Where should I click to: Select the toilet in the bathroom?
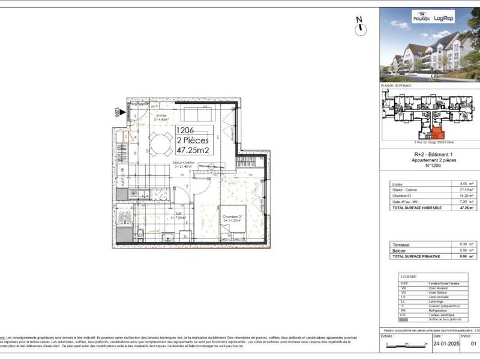[139, 233]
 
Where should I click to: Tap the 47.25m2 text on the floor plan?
[192, 151]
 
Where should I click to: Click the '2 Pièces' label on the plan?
[193, 140]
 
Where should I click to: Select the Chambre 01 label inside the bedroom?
[232, 217]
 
